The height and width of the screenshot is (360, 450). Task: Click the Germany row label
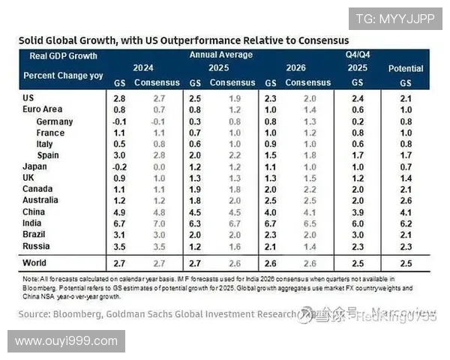(54, 121)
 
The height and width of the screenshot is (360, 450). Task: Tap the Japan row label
(35, 166)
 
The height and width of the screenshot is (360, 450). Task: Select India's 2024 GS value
(118, 223)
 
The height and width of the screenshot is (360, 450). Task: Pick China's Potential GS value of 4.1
(406, 212)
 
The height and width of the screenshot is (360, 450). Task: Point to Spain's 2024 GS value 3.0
(118, 155)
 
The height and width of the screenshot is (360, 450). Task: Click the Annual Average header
(220, 55)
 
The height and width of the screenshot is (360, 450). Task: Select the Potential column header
(406, 68)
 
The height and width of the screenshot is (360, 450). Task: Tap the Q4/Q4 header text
(358, 55)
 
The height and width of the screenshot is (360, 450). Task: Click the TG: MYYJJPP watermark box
(395, 19)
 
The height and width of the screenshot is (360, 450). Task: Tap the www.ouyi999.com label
(66, 341)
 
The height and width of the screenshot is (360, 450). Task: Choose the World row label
(34, 263)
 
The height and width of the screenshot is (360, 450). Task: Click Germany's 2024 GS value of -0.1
(118, 121)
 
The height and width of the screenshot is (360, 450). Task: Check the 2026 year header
(296, 67)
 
